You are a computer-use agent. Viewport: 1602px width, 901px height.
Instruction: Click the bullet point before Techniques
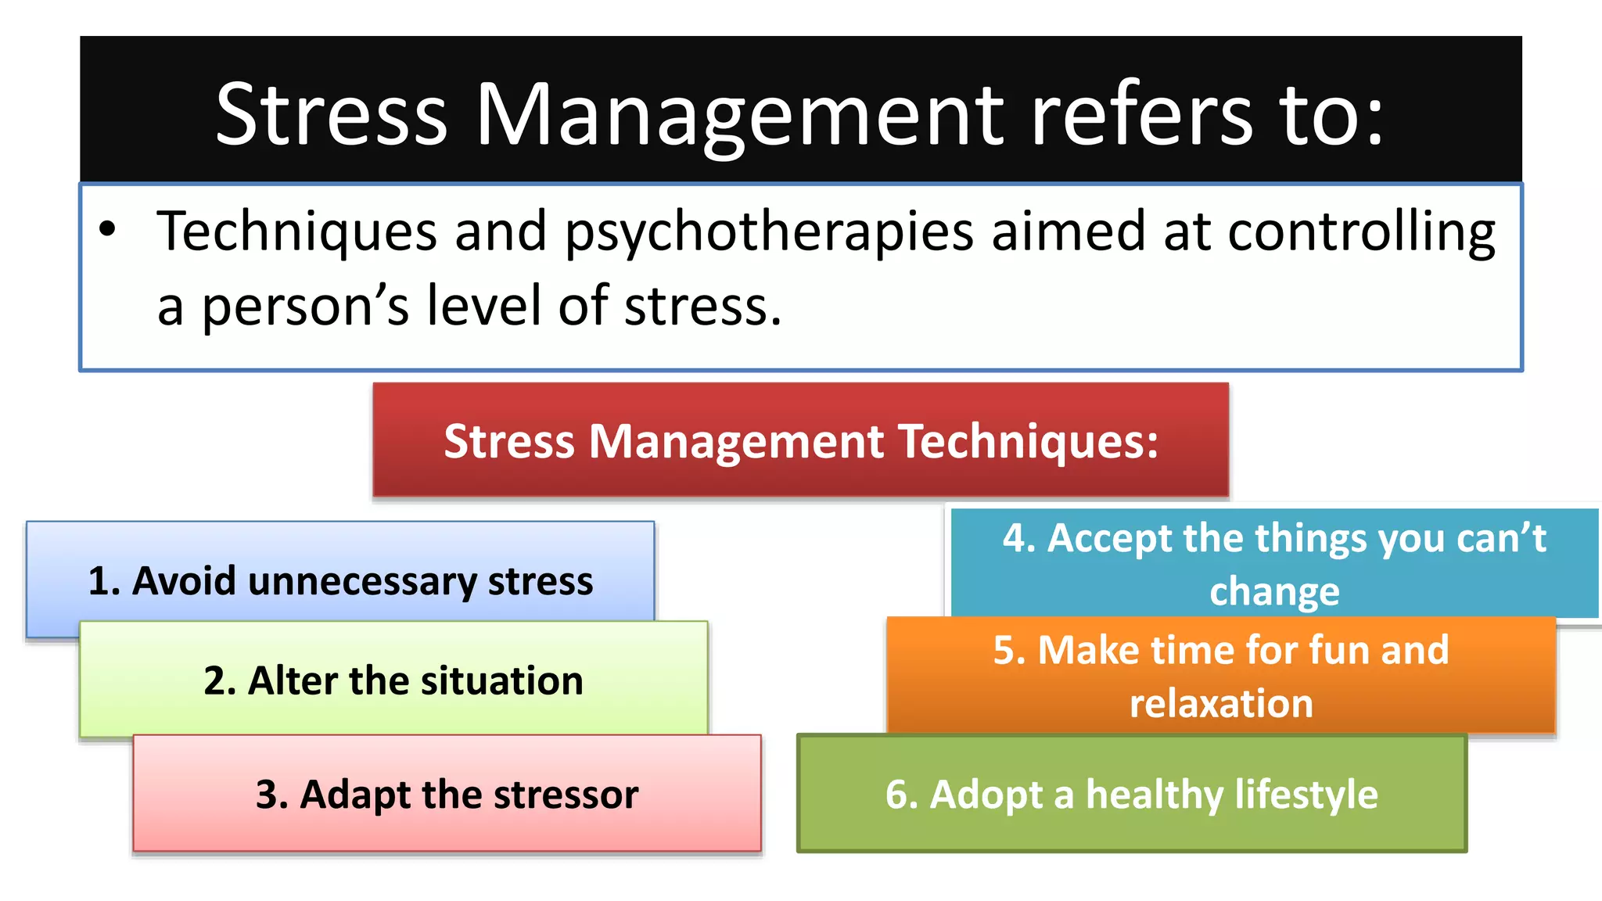click(x=108, y=230)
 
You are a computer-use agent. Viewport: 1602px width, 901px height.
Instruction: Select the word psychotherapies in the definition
click(x=769, y=233)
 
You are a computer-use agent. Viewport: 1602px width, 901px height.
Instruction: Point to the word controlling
click(x=1361, y=232)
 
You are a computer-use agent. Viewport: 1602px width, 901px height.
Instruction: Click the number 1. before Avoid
click(x=104, y=581)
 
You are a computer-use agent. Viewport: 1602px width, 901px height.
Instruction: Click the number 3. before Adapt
click(x=272, y=795)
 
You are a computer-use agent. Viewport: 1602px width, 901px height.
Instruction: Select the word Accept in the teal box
click(x=1109, y=539)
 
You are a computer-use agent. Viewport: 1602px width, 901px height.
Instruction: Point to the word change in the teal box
click(x=1274, y=592)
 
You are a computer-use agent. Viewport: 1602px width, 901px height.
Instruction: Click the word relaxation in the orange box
click(x=1221, y=704)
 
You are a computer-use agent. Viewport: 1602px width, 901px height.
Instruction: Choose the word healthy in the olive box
click(x=1155, y=795)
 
